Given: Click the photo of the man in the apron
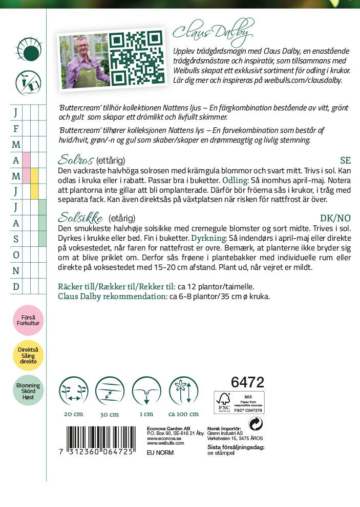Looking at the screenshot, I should coord(83,61).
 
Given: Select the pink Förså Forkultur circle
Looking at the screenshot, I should coord(28,320).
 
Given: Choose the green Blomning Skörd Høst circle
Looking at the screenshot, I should coord(28,390).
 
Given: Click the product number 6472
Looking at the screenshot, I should coord(247,382).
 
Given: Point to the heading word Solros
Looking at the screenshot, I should coord(76,160).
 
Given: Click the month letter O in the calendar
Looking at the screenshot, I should coord(16,255).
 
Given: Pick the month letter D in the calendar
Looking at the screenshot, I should coord(16,286).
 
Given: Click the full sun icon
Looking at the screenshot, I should coord(28,50).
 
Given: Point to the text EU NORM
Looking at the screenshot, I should coord(160,453).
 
